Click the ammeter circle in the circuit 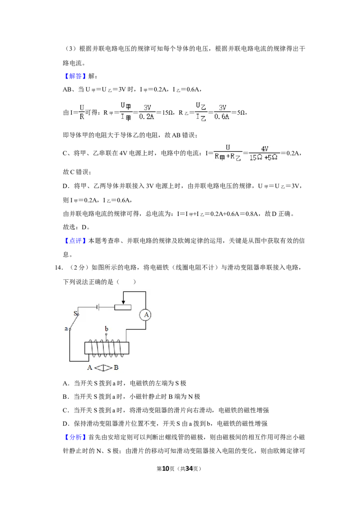click(x=146, y=315)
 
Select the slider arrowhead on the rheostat click(x=123, y=302)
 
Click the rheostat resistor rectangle click(x=123, y=307)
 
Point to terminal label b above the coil click(x=106, y=329)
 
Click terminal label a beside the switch click(x=66, y=329)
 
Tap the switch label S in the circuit click(x=76, y=313)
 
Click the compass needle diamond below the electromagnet click(x=103, y=368)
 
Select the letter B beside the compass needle click(x=116, y=367)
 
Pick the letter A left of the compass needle click(x=90, y=367)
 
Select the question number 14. click(x=58, y=268)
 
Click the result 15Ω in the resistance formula click(x=168, y=113)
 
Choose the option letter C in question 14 click(x=65, y=410)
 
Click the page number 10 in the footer click(x=166, y=469)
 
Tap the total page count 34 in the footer click(x=189, y=469)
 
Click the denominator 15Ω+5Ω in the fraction click(x=264, y=157)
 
